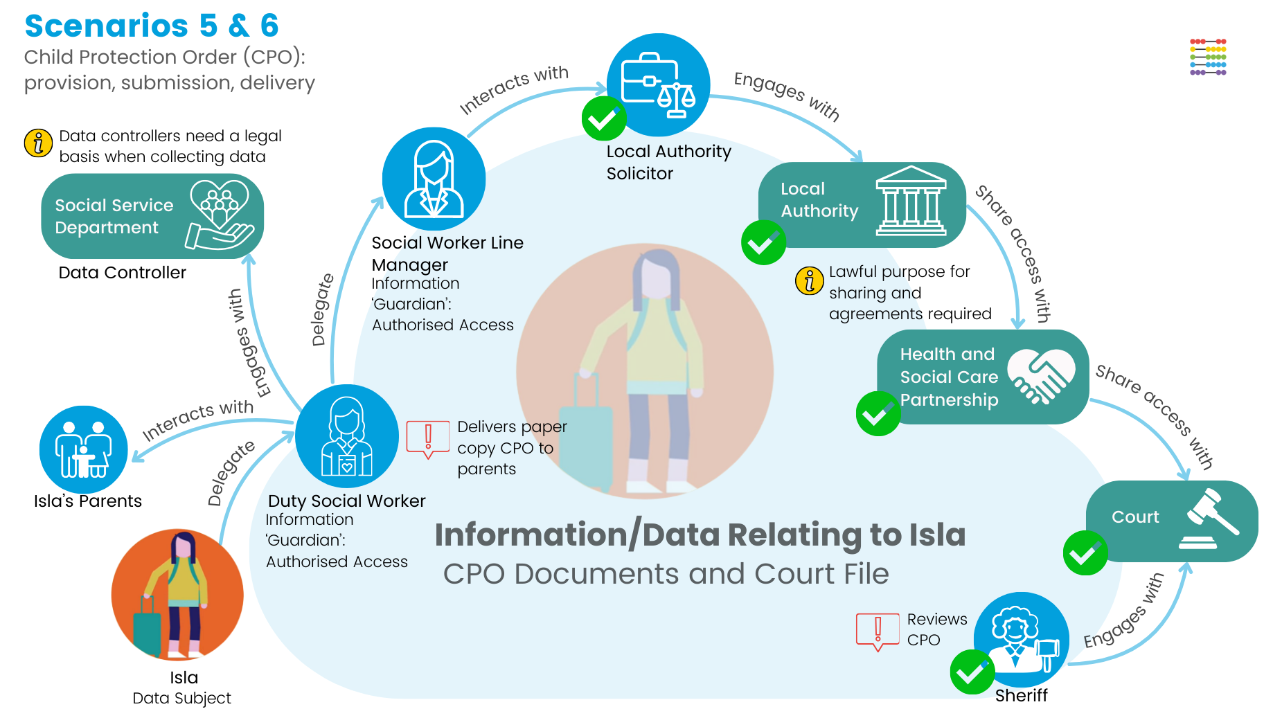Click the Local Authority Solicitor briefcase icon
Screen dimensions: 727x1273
point(658,84)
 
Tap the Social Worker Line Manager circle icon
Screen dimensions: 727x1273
point(434,179)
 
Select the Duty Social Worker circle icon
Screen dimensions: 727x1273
point(347,436)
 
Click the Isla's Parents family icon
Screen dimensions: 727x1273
point(84,449)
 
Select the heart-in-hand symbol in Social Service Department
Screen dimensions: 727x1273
point(220,215)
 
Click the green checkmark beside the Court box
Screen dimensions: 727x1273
point(1085,553)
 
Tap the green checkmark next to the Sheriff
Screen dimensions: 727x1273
point(972,672)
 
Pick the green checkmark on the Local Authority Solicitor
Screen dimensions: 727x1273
point(604,119)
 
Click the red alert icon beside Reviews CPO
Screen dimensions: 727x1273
point(878,631)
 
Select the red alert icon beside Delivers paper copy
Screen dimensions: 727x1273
point(428,439)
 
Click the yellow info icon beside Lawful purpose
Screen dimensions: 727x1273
point(809,280)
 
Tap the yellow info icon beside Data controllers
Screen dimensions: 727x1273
point(38,143)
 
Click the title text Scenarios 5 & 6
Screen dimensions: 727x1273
point(152,26)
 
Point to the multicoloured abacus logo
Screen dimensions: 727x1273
point(1208,57)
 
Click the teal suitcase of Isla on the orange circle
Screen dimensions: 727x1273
point(147,627)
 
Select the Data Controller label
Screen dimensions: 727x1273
point(122,273)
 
